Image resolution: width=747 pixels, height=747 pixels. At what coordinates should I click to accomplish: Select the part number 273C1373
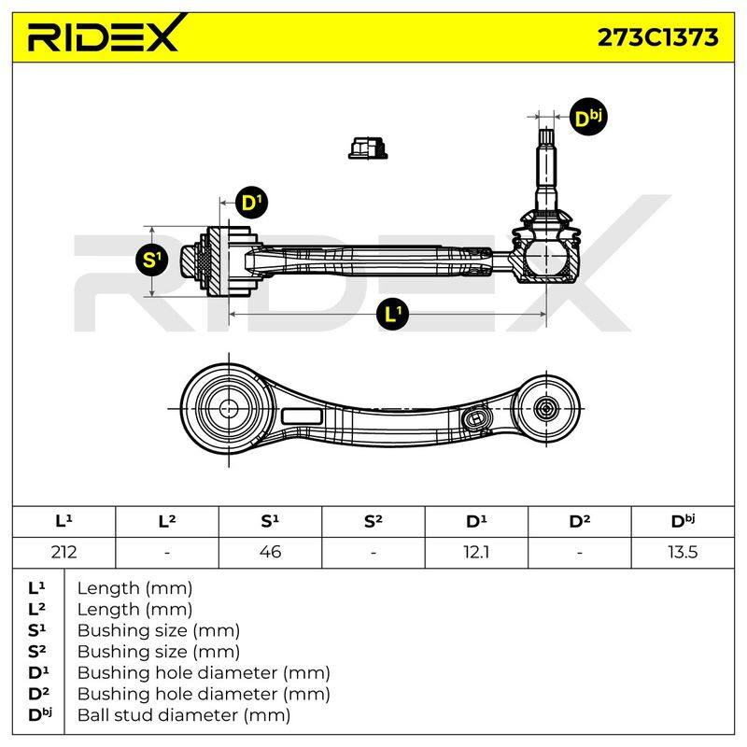pyautogui.click(x=657, y=37)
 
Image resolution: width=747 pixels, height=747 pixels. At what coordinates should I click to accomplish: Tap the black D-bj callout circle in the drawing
pyautogui.click(x=588, y=118)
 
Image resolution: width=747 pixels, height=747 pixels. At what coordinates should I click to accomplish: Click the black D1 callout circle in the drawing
pyautogui.click(x=251, y=203)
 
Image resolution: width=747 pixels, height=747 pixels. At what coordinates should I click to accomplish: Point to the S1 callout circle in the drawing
pyautogui.click(x=151, y=260)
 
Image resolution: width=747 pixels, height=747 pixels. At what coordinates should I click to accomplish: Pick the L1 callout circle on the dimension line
pyautogui.click(x=392, y=314)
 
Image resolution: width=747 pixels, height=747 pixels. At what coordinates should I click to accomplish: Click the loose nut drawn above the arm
pyautogui.click(x=368, y=148)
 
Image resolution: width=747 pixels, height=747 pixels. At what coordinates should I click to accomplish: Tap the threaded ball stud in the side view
pyautogui.click(x=546, y=169)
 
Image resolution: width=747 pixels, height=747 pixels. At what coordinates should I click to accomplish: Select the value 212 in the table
pyautogui.click(x=63, y=552)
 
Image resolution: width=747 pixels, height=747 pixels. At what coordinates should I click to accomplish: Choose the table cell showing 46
pyautogui.click(x=270, y=552)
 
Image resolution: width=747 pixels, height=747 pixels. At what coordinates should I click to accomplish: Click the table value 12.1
pyautogui.click(x=476, y=552)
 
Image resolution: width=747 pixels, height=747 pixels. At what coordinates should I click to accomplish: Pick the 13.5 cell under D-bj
pyautogui.click(x=683, y=552)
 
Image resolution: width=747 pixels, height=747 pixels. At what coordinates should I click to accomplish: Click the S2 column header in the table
pyautogui.click(x=373, y=521)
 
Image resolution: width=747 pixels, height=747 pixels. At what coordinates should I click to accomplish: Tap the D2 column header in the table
pyautogui.click(x=579, y=521)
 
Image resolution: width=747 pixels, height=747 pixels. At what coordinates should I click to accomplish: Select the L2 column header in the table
pyautogui.click(x=167, y=521)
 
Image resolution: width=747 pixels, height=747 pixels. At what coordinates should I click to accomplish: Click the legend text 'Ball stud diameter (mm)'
pyautogui.click(x=184, y=715)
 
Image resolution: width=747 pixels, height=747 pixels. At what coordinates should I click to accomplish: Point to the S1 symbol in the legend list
pyautogui.click(x=36, y=630)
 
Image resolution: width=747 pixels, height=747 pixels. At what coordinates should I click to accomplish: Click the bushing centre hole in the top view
pyautogui.click(x=229, y=408)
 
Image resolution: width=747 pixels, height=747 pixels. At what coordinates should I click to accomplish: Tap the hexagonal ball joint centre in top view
pyautogui.click(x=546, y=408)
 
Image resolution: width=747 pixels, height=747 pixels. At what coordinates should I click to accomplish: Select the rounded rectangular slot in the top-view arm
pyautogui.click(x=302, y=416)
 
